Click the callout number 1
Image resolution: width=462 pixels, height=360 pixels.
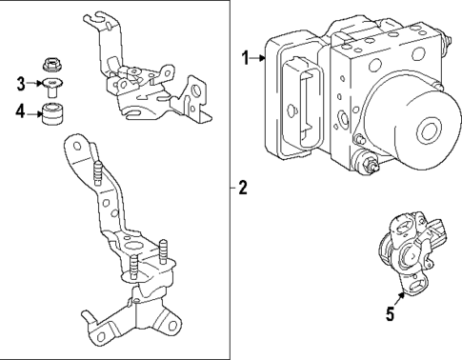tap(245, 59)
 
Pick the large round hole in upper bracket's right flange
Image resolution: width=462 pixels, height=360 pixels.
tap(196, 92)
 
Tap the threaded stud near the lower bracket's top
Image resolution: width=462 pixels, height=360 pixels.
tap(99, 177)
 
